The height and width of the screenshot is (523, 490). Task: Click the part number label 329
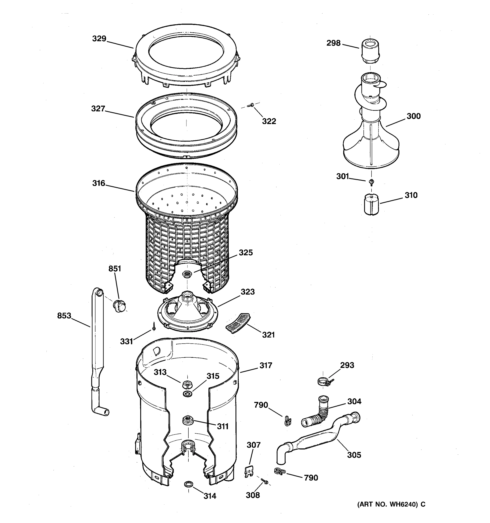click(x=99, y=39)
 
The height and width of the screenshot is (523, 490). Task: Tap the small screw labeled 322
click(x=250, y=105)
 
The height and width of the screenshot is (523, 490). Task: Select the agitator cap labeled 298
click(x=370, y=51)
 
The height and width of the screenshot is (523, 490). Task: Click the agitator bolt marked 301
click(x=372, y=181)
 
